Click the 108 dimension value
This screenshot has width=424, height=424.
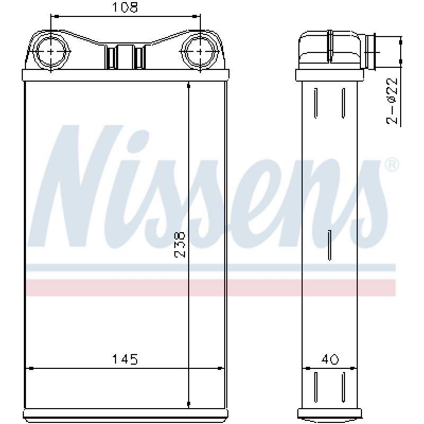pos(125,7)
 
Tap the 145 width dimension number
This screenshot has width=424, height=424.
pos(125,359)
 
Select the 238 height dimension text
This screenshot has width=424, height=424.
pos(180,244)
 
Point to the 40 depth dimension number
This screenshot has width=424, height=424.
pos(330,359)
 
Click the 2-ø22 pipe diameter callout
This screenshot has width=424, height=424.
pos(392,101)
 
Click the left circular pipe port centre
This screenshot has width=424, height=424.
pos(51,51)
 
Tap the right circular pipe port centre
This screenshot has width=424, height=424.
pos(200,51)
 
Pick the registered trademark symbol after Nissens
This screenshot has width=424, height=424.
pos(392,164)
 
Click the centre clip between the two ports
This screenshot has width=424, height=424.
pos(125,57)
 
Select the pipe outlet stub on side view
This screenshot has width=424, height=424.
pos(370,51)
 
